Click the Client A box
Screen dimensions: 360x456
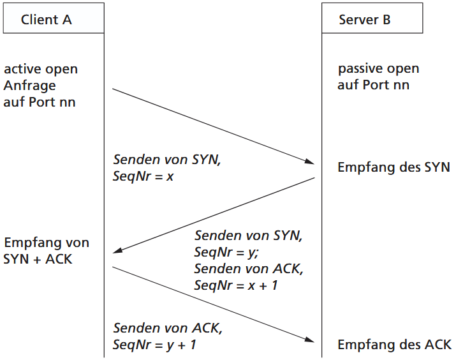[53, 19]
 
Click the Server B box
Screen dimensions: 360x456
[372, 19]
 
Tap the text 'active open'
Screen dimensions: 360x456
[41, 69]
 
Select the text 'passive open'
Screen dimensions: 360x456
[378, 69]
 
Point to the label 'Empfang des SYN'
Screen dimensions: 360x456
[393, 168]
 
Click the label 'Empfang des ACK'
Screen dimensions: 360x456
[394, 345]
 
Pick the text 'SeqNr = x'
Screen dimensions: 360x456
[143, 176]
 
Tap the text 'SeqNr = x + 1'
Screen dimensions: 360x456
[236, 285]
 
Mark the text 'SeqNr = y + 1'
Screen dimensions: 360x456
[154, 345]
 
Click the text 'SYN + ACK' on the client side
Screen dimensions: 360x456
[38, 259]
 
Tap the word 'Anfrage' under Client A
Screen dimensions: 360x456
[30, 85]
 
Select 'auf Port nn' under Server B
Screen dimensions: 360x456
[373, 85]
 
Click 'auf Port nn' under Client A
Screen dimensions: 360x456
[40, 101]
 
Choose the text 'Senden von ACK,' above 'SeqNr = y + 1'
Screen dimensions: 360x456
[168, 329]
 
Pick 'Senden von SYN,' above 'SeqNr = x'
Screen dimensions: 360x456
[166, 160]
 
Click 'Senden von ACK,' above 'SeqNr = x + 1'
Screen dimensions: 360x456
[249, 269]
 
